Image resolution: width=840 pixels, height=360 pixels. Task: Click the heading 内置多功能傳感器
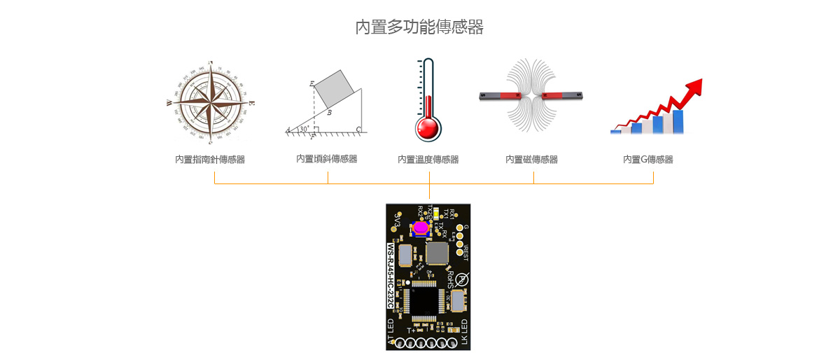coord(419,27)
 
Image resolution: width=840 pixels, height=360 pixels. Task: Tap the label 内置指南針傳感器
coord(210,160)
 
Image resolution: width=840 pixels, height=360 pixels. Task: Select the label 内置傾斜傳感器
coord(327,159)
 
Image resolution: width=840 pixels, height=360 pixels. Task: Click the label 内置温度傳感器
coord(428,160)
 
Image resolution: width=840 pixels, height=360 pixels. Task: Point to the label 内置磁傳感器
coord(532,160)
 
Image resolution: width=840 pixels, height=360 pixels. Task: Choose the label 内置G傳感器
coord(648,160)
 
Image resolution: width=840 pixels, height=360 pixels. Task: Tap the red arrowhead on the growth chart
coord(692,87)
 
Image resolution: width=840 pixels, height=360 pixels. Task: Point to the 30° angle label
coord(303,129)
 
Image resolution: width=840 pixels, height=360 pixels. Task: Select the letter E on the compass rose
coord(252,104)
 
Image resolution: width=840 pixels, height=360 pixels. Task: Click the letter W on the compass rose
coord(169,103)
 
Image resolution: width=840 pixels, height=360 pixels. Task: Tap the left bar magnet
coord(500,95)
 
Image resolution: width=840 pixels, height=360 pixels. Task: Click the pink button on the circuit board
coord(420,228)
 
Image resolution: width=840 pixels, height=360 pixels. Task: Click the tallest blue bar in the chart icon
coord(678,121)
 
